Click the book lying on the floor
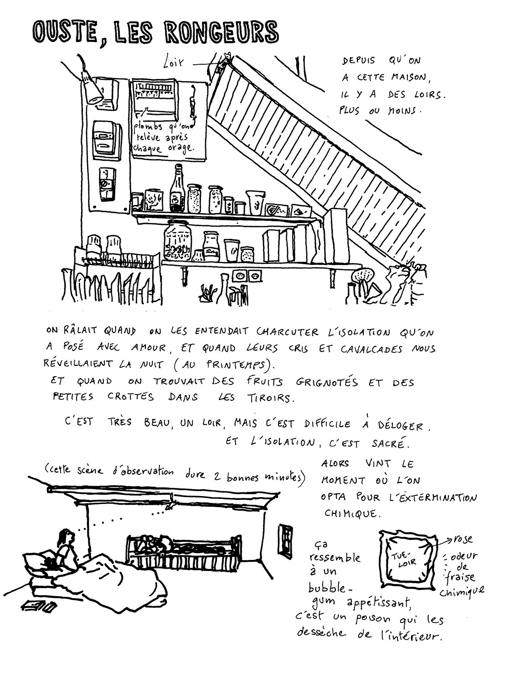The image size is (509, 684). [x=39, y=606]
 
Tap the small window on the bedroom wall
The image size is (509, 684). [x=286, y=541]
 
